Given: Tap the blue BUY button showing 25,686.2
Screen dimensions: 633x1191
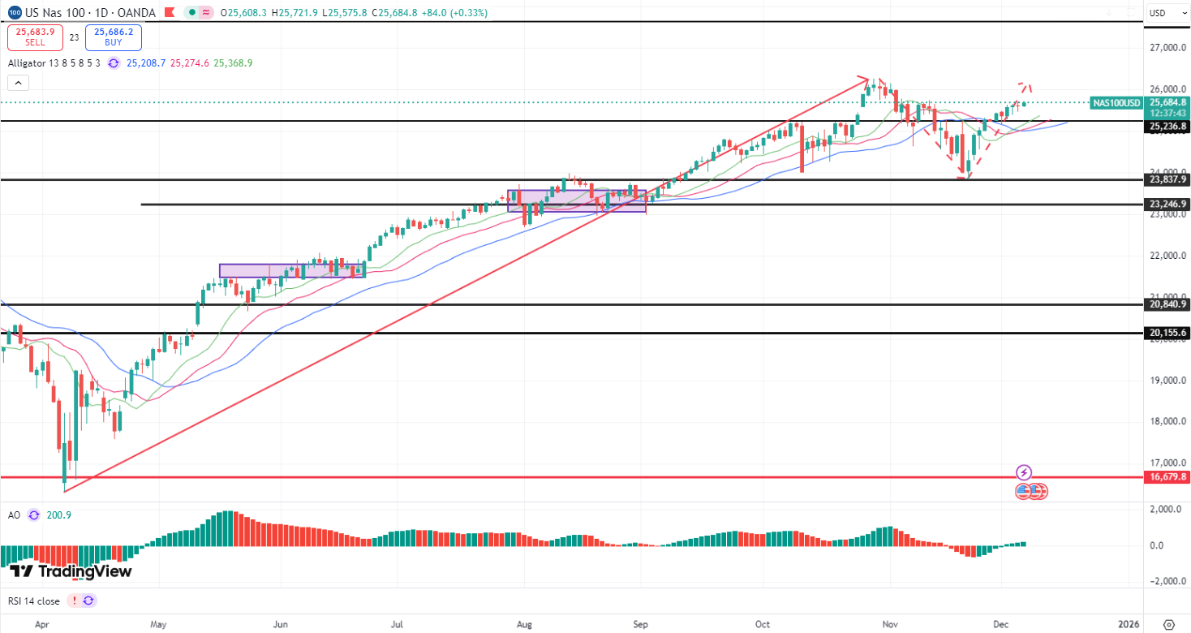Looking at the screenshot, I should pyautogui.click(x=113, y=37).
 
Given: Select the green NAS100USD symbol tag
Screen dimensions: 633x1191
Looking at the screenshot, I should pyautogui.click(x=1116, y=103).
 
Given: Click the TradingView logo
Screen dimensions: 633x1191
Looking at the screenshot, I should pyautogui.click(x=71, y=571).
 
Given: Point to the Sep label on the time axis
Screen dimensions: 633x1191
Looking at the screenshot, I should pyautogui.click(x=641, y=624).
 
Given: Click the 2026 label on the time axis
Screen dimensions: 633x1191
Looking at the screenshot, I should pyautogui.click(x=1128, y=624).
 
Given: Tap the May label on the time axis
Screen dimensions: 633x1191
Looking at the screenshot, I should pyautogui.click(x=158, y=624).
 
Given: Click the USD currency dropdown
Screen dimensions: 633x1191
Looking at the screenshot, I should pyautogui.click(x=1167, y=13).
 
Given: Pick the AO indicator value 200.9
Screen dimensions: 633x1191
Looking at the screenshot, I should pyautogui.click(x=59, y=515).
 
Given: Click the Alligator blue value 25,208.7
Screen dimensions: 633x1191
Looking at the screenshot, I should pyautogui.click(x=146, y=62).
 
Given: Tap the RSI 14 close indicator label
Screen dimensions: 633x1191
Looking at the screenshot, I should pyautogui.click(x=34, y=601).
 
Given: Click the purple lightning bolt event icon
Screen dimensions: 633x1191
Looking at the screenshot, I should pyautogui.click(x=1024, y=472).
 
